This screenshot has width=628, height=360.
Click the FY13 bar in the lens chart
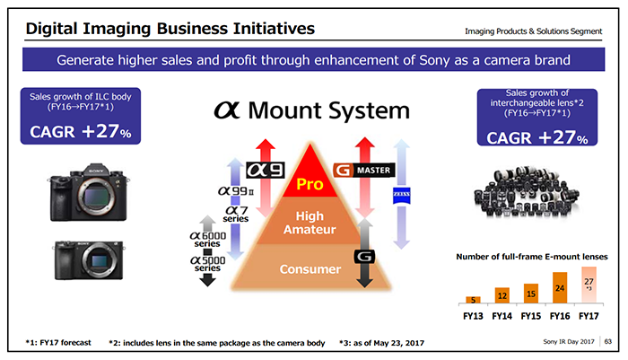(473, 300)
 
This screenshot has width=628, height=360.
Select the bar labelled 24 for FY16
(560, 288)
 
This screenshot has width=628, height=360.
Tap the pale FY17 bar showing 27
(589, 285)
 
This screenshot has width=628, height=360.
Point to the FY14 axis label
(502, 316)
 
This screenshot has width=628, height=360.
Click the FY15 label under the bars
(531, 316)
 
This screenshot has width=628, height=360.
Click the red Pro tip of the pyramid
(310, 174)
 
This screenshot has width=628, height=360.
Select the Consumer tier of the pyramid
(310, 268)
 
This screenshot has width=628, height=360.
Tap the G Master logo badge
(364, 171)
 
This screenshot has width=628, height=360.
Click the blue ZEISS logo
(401, 195)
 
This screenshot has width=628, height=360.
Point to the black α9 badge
(266, 171)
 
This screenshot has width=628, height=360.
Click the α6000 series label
(207, 240)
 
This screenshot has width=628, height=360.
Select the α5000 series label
(207, 264)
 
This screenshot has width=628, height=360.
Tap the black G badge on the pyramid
(364, 257)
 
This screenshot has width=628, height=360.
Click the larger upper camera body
(89, 192)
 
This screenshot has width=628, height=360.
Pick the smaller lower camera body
(89, 260)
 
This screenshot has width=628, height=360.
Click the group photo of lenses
(527, 191)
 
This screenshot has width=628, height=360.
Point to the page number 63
(608, 341)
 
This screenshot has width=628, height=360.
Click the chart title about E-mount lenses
(532, 257)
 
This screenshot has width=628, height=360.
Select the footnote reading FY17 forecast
(58, 343)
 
